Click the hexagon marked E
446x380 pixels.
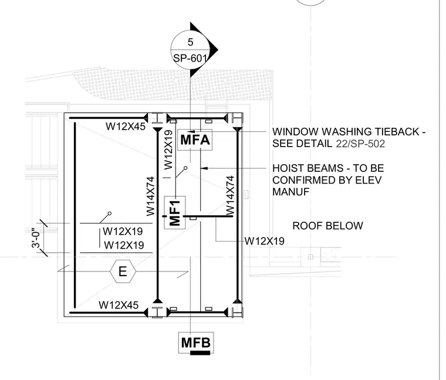(x=123, y=272)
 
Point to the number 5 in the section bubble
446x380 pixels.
(x=190, y=42)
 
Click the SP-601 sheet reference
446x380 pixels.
(x=190, y=58)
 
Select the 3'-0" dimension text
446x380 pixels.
(x=37, y=238)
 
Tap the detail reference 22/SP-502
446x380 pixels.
(x=360, y=144)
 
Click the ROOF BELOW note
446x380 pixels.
(x=327, y=226)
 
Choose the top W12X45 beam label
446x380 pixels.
(x=126, y=126)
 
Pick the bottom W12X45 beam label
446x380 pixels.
(x=119, y=306)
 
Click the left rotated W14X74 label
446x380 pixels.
(x=150, y=196)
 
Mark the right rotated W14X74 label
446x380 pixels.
(x=230, y=195)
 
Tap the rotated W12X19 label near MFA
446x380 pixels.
(x=168, y=150)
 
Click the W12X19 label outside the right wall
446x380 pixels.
(x=265, y=241)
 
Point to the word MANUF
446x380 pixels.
(x=290, y=192)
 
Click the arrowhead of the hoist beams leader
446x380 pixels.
(x=204, y=168)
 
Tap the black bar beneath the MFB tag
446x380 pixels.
(x=200, y=353)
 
